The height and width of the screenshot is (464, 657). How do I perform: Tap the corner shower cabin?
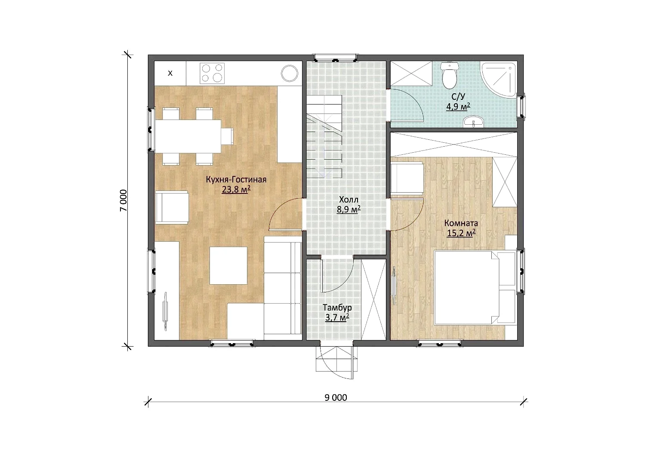pyautogui.click(x=499, y=78)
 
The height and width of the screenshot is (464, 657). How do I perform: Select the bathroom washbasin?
pyautogui.click(x=473, y=122)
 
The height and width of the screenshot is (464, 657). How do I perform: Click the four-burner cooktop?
pyautogui.click(x=212, y=73)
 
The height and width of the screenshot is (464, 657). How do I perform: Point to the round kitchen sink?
pyautogui.click(x=290, y=73)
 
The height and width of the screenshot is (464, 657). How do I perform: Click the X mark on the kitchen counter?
pyautogui.click(x=170, y=73)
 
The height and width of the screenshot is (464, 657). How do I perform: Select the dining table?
pyautogui.click(x=188, y=136)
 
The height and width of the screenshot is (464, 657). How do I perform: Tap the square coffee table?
pyautogui.click(x=228, y=266)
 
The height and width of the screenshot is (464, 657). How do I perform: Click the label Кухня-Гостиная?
pyautogui.click(x=236, y=179)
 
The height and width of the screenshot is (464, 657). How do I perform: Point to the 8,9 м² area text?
pyautogui.click(x=349, y=209)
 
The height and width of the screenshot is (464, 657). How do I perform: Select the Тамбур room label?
pyautogui.click(x=337, y=307)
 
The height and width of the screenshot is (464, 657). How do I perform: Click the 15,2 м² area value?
pyautogui.click(x=461, y=233)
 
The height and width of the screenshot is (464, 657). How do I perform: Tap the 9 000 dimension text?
pyautogui.click(x=336, y=397)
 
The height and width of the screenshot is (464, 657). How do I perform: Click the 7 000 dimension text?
pyautogui.click(x=123, y=200)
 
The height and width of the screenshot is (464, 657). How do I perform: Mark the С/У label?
pyautogui.click(x=458, y=97)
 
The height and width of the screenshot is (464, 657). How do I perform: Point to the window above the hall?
pyautogui.click(x=335, y=58)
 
